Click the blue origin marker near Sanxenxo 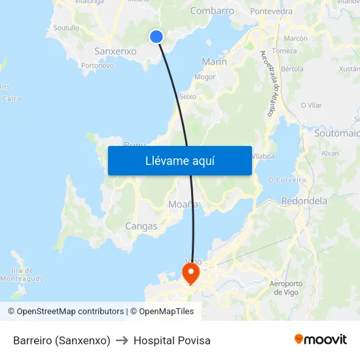coord(156,37)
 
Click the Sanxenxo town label coord(116,50)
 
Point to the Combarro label coord(212,11)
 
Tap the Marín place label coord(215,62)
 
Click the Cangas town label coord(141,226)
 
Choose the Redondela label coord(304,201)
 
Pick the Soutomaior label coord(337,133)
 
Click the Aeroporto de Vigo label coord(286,287)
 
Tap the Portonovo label coord(98,65)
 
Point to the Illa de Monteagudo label coord(22,275)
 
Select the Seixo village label coord(187,96)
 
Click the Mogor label coord(205,77)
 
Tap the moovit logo coord(321,340)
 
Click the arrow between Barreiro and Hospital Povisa coord(122,340)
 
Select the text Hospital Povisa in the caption coord(172,340)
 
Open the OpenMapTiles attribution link coord(166,312)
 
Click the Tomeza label coord(284,51)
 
